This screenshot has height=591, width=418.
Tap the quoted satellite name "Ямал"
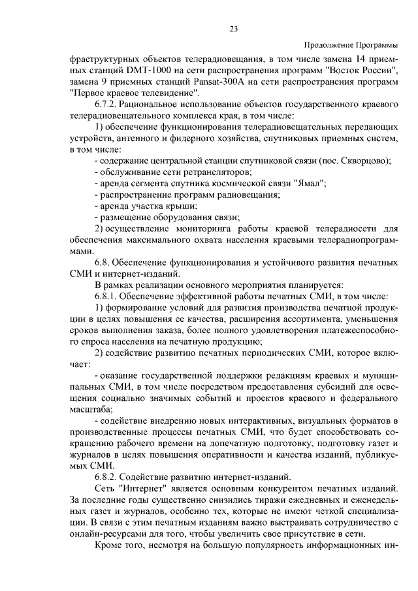(x=312, y=184)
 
